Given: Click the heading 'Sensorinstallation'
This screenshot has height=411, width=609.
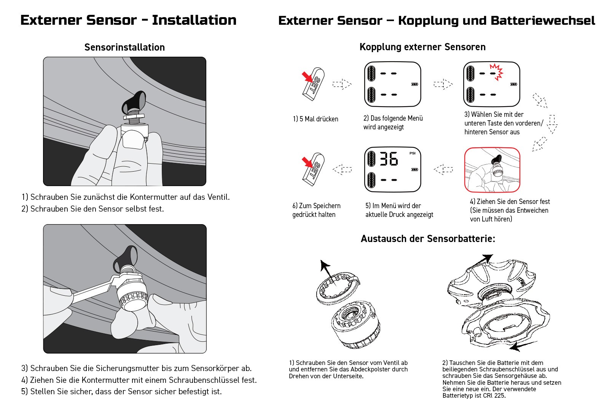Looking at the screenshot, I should pyautogui.click(x=124, y=47).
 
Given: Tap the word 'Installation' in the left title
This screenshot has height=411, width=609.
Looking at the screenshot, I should pyautogui.click(x=194, y=20).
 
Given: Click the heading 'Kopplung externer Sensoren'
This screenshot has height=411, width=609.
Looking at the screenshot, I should pyautogui.click(x=422, y=47).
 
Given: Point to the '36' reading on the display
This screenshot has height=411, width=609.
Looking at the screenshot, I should pyautogui.click(x=389, y=159).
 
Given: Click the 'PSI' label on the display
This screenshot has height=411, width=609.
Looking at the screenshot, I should pyautogui.click(x=413, y=153).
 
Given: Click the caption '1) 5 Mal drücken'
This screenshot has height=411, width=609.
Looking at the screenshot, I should pyautogui.click(x=316, y=119).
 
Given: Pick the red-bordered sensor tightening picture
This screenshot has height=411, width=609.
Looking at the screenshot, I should pyautogui.click(x=492, y=170).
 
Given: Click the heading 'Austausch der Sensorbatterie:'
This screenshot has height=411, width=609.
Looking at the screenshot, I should pyautogui.click(x=428, y=239).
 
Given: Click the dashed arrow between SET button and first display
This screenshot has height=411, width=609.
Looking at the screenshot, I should pyautogui.click(x=342, y=84).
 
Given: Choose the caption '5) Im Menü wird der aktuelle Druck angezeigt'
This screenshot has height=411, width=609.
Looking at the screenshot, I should pyautogui.click(x=399, y=210).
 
